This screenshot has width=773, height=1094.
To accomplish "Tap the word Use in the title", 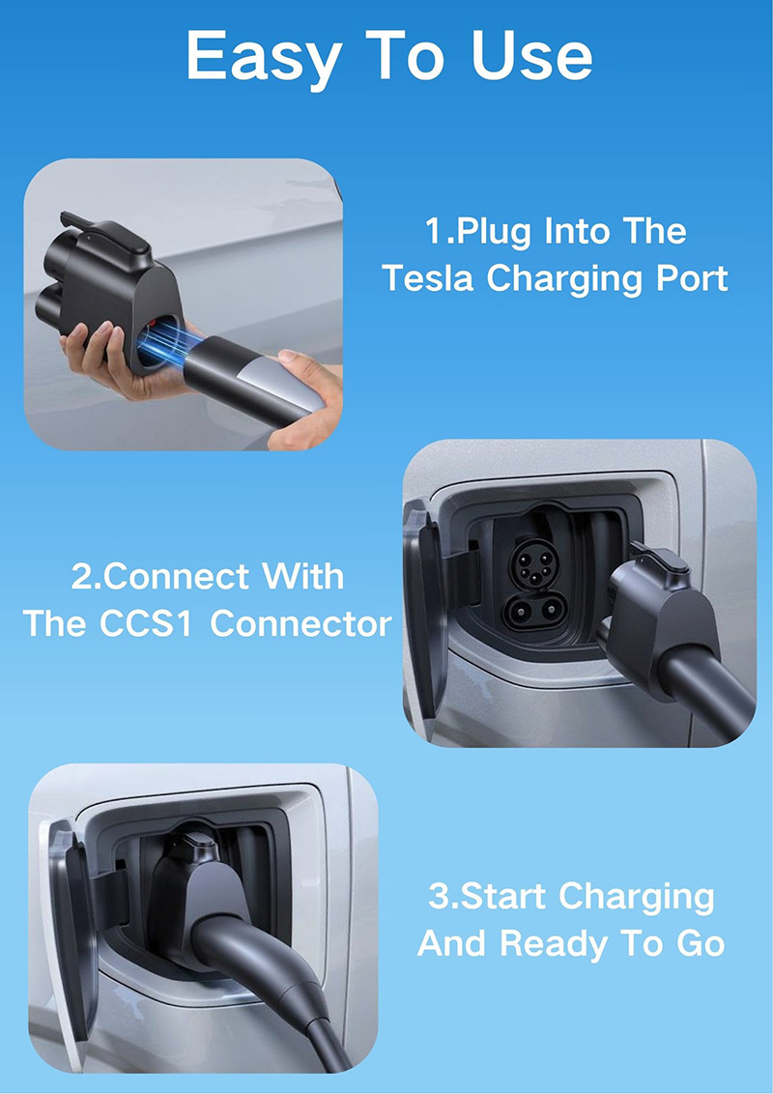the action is coord(531,56).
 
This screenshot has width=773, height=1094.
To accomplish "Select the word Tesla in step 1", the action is coord(429,277).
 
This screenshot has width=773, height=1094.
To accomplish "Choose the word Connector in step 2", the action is coord(301,623).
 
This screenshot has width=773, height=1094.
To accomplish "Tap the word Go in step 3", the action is coord(701,944).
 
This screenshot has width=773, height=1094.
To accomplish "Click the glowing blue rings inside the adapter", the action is coord(168,343).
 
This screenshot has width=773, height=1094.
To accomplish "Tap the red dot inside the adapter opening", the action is coord(153,324).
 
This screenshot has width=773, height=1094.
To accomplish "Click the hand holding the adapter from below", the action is coord(104,361).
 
